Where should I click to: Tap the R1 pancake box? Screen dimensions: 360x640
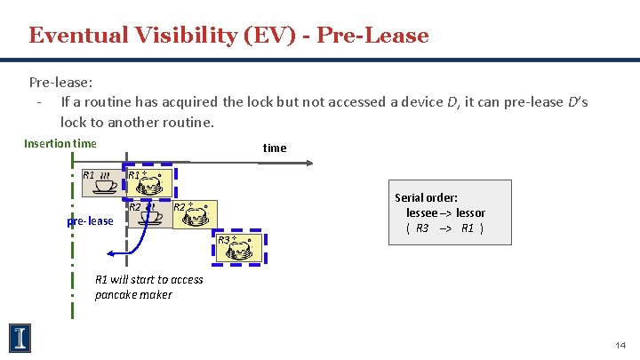point(151,182)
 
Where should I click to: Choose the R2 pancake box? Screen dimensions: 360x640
point(195,215)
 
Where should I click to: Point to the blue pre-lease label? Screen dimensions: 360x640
point(91,220)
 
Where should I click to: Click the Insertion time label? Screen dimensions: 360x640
point(60,143)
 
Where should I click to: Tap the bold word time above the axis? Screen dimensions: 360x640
point(275,148)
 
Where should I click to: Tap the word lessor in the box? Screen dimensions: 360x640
point(470,212)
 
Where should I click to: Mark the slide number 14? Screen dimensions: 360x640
point(620,344)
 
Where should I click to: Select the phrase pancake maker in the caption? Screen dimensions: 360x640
point(133,295)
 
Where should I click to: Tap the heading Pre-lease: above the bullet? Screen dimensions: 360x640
point(60,82)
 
